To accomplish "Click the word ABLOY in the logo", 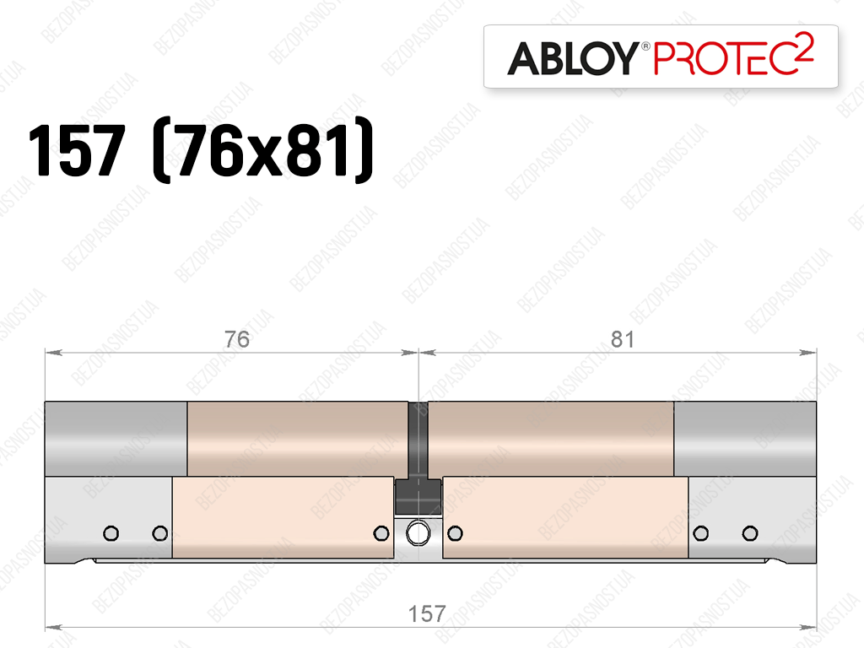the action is click(x=573, y=58).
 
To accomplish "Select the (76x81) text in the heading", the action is click(x=263, y=150).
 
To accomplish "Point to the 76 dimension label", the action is click(x=237, y=339).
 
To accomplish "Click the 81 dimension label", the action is click(x=623, y=339).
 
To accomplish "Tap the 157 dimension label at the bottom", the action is click(x=427, y=614).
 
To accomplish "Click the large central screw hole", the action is click(x=418, y=533).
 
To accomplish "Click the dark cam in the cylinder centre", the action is click(x=418, y=458).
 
